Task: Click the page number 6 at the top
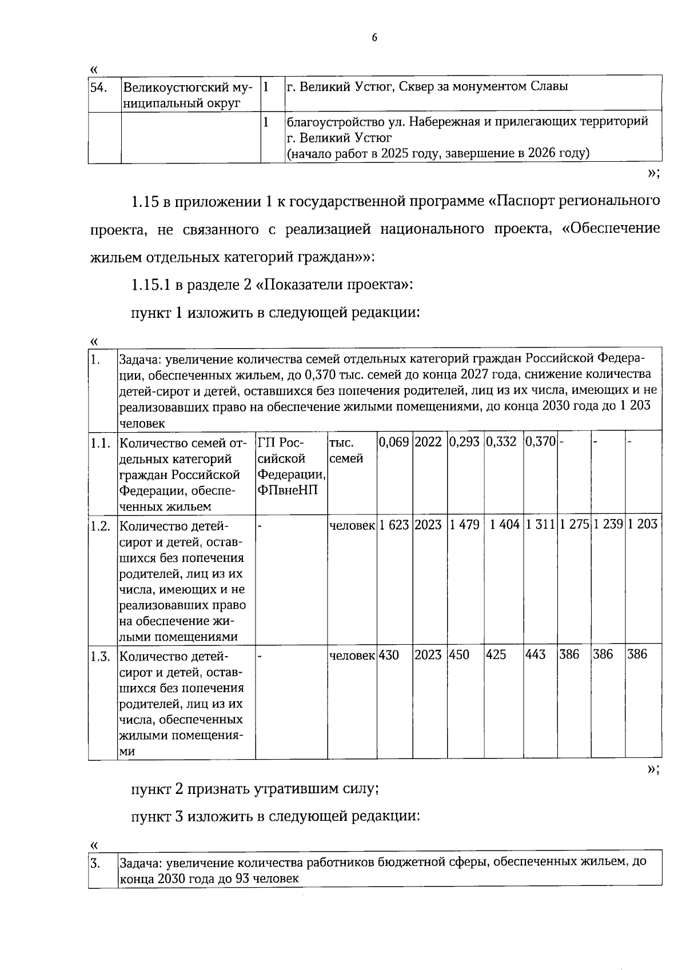pyautogui.click(x=374, y=38)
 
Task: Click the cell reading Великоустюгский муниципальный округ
pyautogui.click(x=187, y=95)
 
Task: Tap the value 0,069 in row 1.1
pyautogui.click(x=394, y=442)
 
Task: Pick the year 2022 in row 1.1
pyautogui.click(x=428, y=442)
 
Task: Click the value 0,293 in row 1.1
pyautogui.click(x=464, y=442)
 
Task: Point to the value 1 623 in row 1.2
pyautogui.click(x=394, y=525)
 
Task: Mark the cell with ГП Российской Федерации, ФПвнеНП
pyautogui.click(x=290, y=466)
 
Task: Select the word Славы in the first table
pyautogui.click(x=549, y=87)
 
